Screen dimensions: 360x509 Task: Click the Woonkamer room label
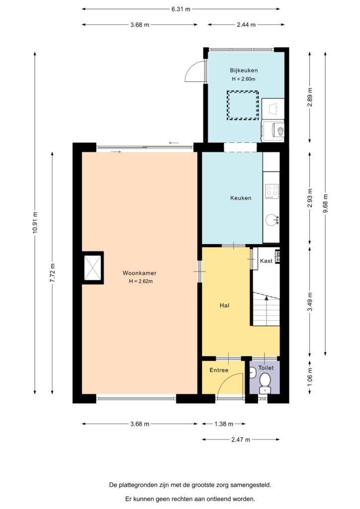point(139,273)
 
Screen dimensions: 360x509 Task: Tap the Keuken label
point(241,198)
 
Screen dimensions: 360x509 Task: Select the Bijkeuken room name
point(244,71)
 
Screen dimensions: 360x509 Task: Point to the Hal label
point(224,305)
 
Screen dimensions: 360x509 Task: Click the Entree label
point(219,370)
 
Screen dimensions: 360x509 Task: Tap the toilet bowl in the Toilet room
point(265,379)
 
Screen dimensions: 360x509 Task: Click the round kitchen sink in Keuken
point(271,220)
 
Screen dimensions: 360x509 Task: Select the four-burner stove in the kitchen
point(271,191)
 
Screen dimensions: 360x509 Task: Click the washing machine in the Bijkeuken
point(273,131)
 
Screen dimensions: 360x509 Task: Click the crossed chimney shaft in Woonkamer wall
point(92,267)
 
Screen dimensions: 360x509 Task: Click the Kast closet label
point(266,261)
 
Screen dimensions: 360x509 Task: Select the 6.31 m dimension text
point(181,9)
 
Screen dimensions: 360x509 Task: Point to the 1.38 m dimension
point(224,424)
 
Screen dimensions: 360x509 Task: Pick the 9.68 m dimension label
point(326,203)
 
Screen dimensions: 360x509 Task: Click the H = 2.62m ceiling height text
point(141,281)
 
